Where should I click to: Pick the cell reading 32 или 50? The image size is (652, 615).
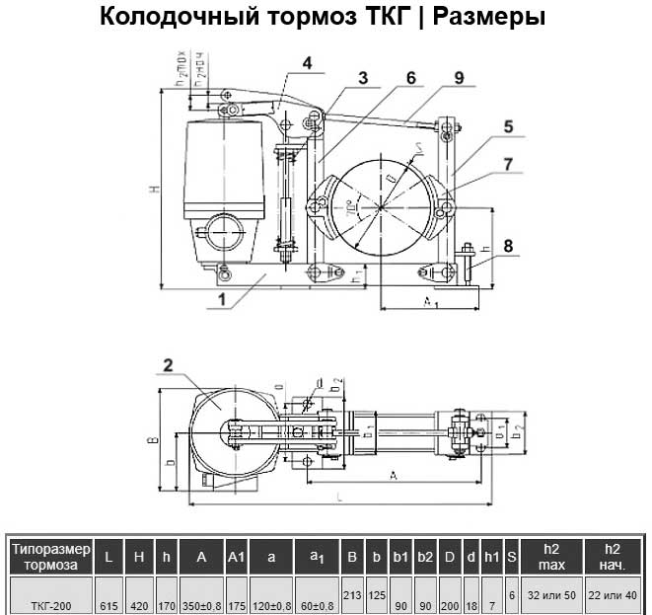(551, 595)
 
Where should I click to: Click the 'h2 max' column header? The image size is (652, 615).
(551, 557)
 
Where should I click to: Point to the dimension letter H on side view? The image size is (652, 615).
(154, 189)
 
